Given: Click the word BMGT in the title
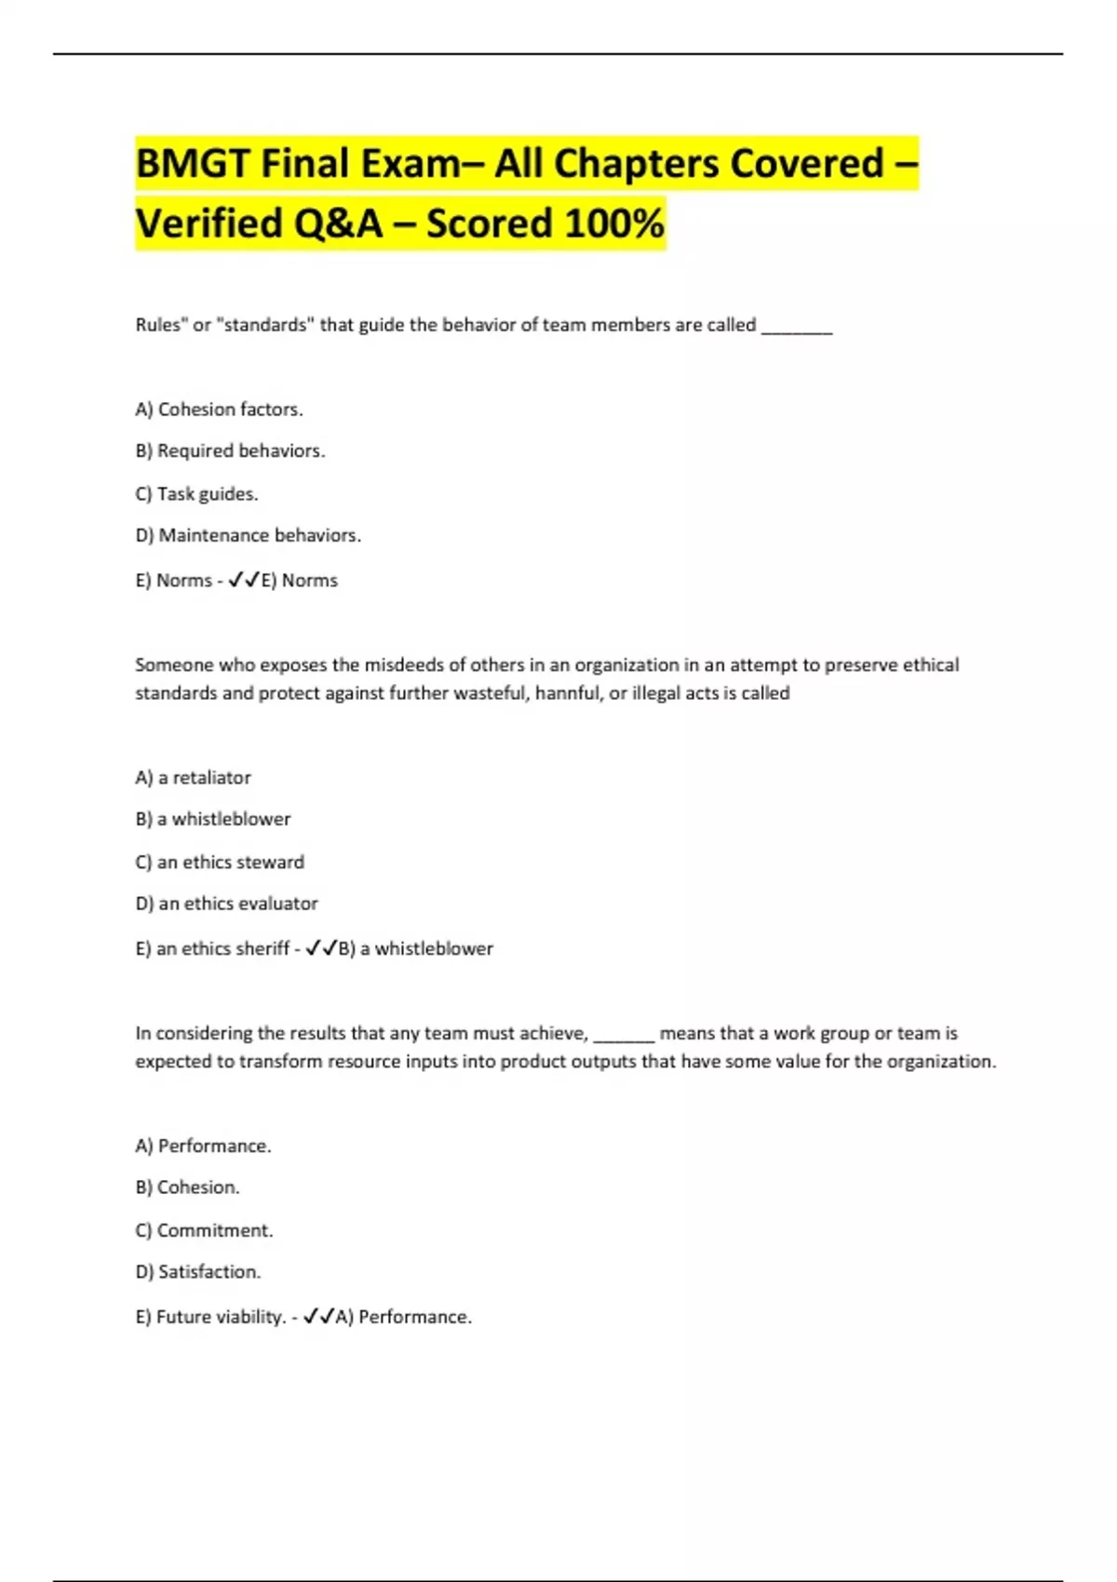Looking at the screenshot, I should [x=192, y=164].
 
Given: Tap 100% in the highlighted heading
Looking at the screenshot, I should [x=614, y=223].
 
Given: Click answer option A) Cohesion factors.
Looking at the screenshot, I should [x=219, y=409].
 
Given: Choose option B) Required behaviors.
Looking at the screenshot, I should [x=230, y=451].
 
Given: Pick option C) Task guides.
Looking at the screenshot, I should [x=196, y=494].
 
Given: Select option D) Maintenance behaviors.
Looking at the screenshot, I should [x=248, y=536].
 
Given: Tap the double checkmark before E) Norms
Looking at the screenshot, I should [x=244, y=580].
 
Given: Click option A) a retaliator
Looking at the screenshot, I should [x=193, y=778].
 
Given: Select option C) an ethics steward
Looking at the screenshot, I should [x=220, y=863].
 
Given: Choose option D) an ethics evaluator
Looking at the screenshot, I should [x=226, y=904].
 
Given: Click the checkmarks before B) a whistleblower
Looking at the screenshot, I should [x=321, y=948].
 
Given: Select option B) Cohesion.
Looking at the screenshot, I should [x=187, y=1187].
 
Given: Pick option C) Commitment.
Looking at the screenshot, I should [x=204, y=1230].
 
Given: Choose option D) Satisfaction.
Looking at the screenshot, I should [x=197, y=1272].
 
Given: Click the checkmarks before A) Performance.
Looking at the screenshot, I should [x=319, y=1317].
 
